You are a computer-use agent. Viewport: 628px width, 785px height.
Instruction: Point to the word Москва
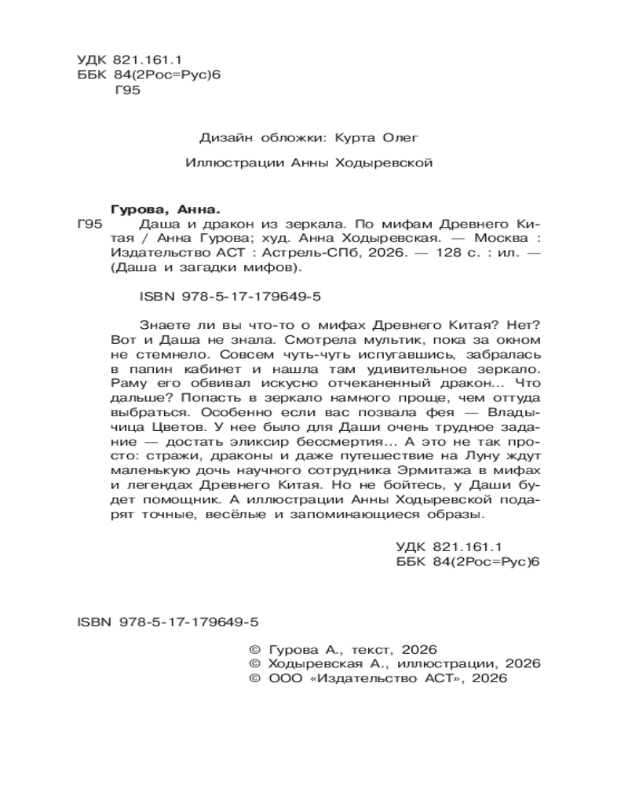487,237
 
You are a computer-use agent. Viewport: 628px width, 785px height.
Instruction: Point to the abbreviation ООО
284,680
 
